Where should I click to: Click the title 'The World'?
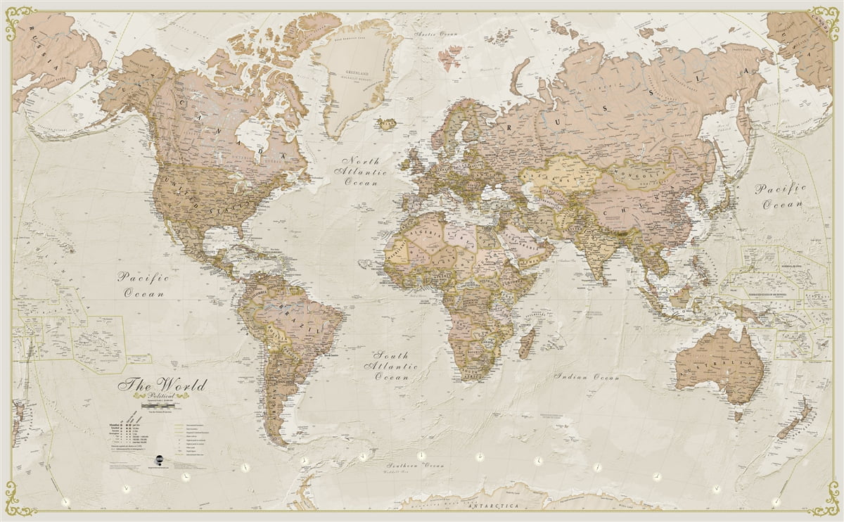click(162, 386)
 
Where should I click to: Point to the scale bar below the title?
click(162, 406)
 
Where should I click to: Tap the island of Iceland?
click(386, 125)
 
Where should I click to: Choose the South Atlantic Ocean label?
click(391, 366)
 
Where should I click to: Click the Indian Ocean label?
click(587, 377)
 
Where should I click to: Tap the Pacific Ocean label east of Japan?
click(779, 196)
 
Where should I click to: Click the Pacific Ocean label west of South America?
click(143, 285)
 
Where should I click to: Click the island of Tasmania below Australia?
click(738, 416)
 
